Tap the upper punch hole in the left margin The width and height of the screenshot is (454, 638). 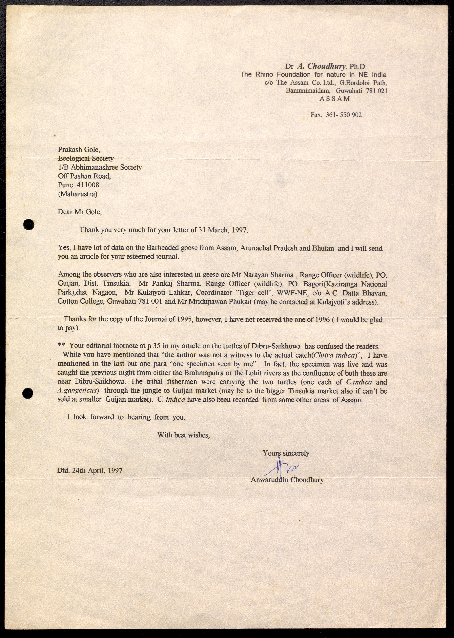coord(29,224)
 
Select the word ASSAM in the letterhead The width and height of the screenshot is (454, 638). coord(335,99)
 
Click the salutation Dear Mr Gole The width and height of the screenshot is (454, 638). coord(80,212)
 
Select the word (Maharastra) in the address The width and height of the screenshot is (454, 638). coord(78,194)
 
